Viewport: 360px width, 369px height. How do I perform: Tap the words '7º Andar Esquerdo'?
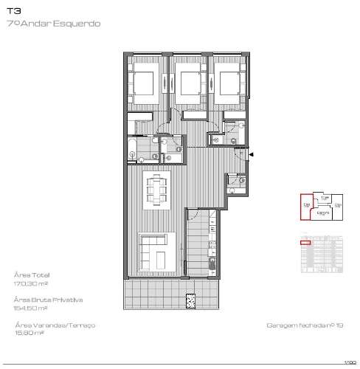pyautogui.click(x=52, y=24)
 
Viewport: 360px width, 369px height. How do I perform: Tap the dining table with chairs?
pyautogui.click(x=156, y=190)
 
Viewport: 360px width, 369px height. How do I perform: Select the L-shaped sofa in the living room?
pyautogui.click(x=157, y=250)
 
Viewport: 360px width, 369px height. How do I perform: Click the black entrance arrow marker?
pyautogui.click(x=252, y=154)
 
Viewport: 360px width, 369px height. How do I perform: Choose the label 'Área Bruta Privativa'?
pyautogui.click(x=47, y=300)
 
